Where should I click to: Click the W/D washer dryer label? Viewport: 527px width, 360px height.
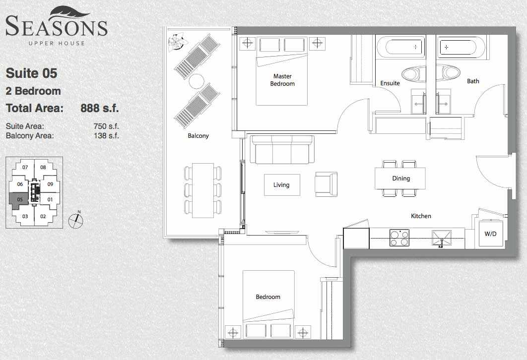coord(490,234)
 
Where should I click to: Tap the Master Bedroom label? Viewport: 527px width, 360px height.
coord(282,80)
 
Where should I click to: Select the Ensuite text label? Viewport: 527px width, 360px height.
coord(390,83)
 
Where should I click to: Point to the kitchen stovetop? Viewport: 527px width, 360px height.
coord(399,238)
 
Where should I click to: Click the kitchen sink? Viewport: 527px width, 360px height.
coord(441,239)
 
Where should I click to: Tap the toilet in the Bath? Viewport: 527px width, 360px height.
coord(449,72)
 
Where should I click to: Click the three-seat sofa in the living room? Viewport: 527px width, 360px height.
coord(282,149)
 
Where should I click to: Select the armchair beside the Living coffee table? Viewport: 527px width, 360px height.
coord(326,184)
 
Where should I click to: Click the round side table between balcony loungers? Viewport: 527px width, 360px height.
coord(197,81)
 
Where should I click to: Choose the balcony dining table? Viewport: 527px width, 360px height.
coord(202,190)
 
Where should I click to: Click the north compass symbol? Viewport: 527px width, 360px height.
coord(75,220)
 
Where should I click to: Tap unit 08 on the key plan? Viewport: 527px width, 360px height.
coord(43,167)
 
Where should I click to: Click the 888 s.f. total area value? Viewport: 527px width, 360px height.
coord(99,108)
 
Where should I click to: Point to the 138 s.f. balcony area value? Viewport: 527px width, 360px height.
coord(106,136)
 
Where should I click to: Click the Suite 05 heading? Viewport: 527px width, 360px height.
coord(32,73)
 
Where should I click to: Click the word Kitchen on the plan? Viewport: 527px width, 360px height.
coord(421,216)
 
